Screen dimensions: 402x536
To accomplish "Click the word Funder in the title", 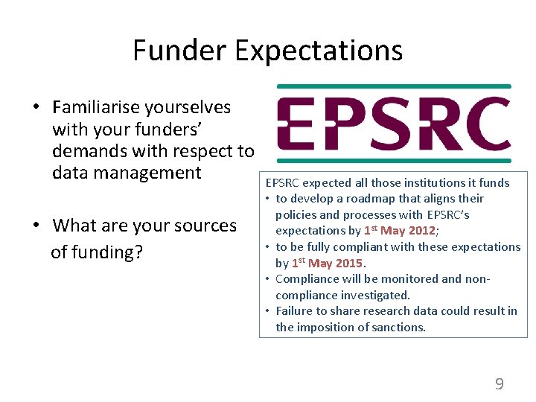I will (x=179, y=51).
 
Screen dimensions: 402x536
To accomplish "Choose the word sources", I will (x=203, y=225).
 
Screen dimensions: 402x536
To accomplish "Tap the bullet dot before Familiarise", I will (x=36, y=108).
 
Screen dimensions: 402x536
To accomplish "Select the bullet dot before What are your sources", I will (x=36, y=226).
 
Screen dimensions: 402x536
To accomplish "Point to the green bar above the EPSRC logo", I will (x=394, y=86).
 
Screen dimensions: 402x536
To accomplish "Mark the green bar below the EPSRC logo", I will (x=394, y=160).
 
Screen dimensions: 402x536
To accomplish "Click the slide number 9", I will (x=499, y=384).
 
